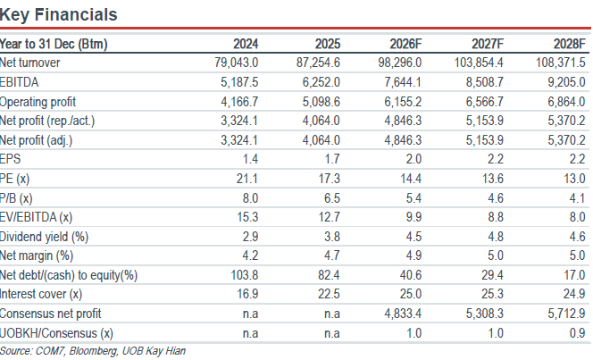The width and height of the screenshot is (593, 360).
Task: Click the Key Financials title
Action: click(x=59, y=15)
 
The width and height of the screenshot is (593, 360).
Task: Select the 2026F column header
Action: click(x=405, y=44)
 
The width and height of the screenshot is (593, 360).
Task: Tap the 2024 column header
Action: click(x=246, y=44)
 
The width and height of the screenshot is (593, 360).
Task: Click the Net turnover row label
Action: click(x=29, y=63)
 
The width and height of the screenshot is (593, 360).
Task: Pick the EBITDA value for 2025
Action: click(x=322, y=82)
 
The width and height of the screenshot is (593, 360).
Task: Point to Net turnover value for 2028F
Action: click(x=561, y=63)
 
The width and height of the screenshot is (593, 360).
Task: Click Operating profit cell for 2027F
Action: click(x=484, y=102)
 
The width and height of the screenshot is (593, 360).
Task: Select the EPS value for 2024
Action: click(x=250, y=159)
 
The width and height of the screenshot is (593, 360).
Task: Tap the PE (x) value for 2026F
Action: click(x=411, y=179)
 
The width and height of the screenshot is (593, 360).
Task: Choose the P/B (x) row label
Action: click(x=16, y=198)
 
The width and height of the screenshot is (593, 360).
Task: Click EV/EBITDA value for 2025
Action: click(x=330, y=217)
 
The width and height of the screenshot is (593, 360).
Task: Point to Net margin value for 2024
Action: click(x=250, y=255)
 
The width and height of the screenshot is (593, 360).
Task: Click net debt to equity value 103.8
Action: click(x=245, y=275)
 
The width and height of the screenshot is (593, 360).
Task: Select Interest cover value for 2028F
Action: click(x=574, y=294)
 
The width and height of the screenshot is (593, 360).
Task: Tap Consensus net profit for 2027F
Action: click(x=484, y=314)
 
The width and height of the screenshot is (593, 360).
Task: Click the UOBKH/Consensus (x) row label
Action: click(x=56, y=333)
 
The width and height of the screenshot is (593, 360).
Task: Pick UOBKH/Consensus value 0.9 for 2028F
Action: click(x=578, y=333)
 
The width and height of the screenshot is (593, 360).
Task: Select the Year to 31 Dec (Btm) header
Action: click(x=54, y=44)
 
